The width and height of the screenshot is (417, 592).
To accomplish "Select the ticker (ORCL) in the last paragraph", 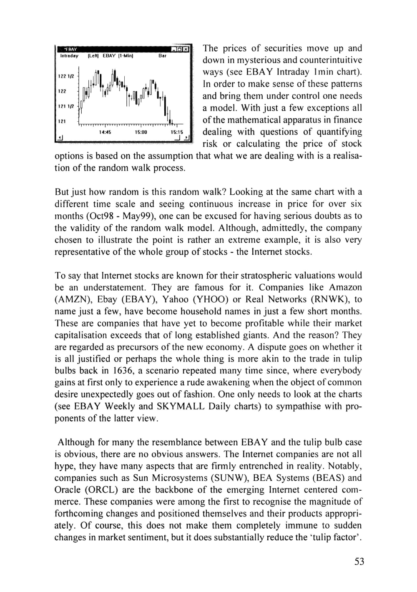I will [103, 490].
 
